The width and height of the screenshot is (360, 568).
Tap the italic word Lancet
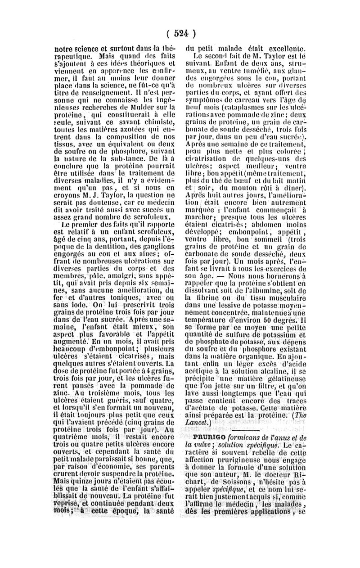click(x=198, y=423)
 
